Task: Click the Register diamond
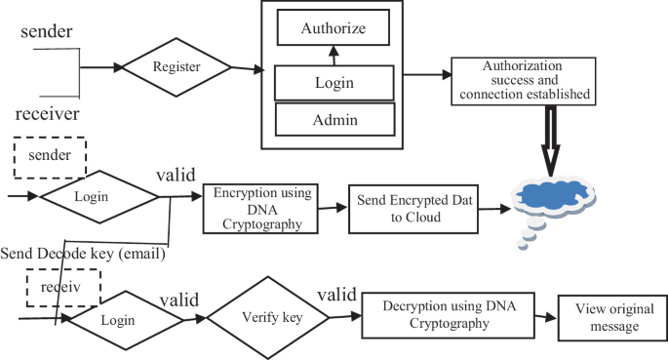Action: click(x=177, y=69)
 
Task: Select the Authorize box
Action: click(x=334, y=28)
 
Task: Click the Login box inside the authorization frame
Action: click(x=334, y=84)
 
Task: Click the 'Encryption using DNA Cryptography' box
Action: click(x=260, y=208)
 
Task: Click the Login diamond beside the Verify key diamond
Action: click(x=120, y=319)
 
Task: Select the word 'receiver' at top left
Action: click(x=46, y=114)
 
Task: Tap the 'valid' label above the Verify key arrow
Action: click(x=336, y=293)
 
